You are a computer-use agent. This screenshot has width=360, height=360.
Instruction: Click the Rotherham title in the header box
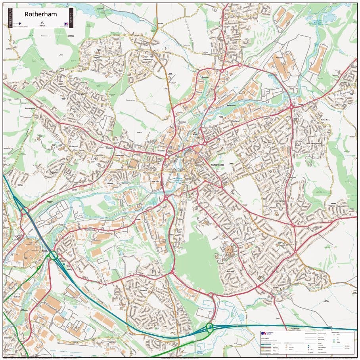pyautogui.click(x=41, y=14)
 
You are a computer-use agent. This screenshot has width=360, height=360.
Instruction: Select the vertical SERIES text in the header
pyautogui.click(x=71, y=18)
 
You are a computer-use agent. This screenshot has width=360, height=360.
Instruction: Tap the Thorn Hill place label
pyautogui.click(x=161, y=151)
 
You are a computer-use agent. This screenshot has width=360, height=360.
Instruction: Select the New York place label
pyautogui.click(x=155, y=181)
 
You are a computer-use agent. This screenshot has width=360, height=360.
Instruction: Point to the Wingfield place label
pyautogui.click(x=96, y=57)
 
